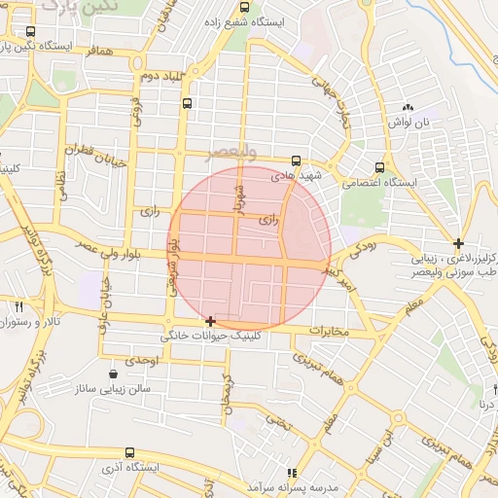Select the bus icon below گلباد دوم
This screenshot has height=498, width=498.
[x=187, y=102]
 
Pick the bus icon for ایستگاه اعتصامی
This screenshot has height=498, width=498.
[x=378, y=166]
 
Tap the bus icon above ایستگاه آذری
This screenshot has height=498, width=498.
[x=131, y=453]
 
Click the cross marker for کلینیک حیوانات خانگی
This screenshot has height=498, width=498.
[x=211, y=320]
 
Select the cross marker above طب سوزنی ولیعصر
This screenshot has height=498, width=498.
[x=458, y=242]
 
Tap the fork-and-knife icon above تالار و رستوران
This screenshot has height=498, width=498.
[x=18, y=306]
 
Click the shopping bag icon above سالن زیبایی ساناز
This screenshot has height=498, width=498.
[x=116, y=373]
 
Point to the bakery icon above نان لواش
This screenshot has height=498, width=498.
[x=408, y=107]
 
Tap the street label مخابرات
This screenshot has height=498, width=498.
[x=328, y=332]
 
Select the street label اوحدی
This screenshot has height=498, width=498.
[x=141, y=360]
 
